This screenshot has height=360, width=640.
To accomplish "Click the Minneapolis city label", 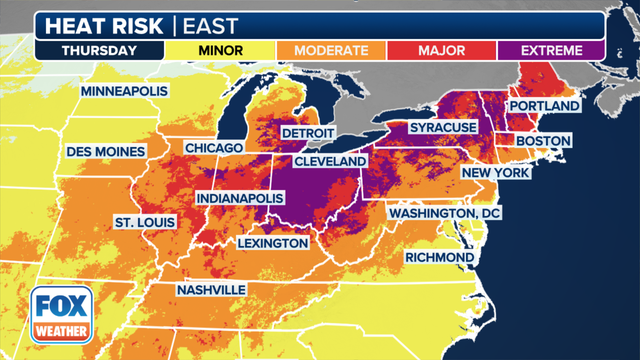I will (x=124, y=91).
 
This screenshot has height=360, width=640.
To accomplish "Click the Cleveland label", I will (x=329, y=161).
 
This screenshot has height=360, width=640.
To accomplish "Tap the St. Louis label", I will (x=145, y=220).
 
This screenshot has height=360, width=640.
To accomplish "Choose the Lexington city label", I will (x=273, y=243).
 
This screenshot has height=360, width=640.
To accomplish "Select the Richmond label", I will (x=439, y=258).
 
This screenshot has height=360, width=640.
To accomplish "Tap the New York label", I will (x=493, y=174).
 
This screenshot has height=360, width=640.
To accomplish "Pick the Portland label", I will (x=544, y=106).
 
